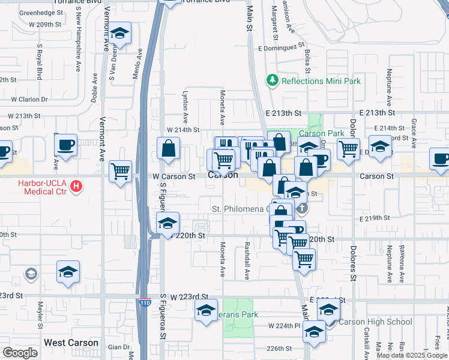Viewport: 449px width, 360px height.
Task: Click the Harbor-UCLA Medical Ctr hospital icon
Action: click(x=76, y=187)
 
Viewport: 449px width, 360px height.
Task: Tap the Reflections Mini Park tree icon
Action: click(x=272, y=80)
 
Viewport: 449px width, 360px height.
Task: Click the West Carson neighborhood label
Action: click(x=71, y=343)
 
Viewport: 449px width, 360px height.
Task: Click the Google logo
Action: click(x=20, y=353)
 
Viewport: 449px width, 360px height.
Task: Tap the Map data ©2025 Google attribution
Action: click(x=411, y=355)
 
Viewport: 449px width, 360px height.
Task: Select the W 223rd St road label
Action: click(x=188, y=297)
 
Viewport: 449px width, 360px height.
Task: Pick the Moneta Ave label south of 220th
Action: click(x=222, y=259)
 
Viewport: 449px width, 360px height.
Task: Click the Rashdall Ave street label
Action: click(x=247, y=261)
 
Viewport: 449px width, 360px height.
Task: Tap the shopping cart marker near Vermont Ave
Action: click(x=121, y=172)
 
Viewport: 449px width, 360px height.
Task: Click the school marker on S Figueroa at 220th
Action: click(x=167, y=224)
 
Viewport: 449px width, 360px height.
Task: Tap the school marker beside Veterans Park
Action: click(x=206, y=311)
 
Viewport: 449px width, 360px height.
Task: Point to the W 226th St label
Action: click(x=279, y=348)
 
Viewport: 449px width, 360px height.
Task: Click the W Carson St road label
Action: click(x=174, y=177)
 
